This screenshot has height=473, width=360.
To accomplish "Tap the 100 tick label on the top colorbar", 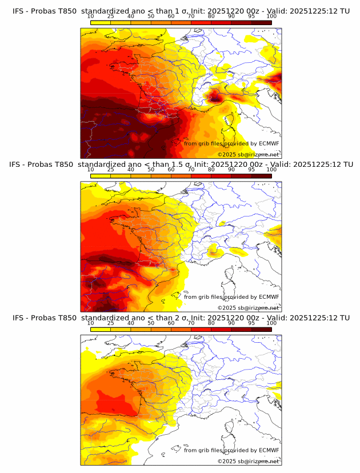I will click(271, 17).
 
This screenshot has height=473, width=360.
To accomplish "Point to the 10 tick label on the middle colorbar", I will click(90, 170).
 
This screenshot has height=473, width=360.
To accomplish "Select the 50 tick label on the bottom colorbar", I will click(151, 323).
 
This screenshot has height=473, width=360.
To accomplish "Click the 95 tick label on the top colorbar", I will click(251, 17).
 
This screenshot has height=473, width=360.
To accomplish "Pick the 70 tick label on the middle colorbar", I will click(191, 170).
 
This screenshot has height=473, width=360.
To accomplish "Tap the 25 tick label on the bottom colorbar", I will click(110, 323).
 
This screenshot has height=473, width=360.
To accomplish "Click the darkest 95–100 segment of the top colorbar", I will click(261, 22).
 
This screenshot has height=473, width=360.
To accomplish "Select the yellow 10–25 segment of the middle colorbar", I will click(101, 176).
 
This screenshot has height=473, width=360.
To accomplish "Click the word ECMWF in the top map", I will click(269, 143).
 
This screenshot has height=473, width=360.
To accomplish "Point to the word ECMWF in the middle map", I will click(269, 296).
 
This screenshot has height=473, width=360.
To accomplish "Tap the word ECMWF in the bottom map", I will click(269, 450).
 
